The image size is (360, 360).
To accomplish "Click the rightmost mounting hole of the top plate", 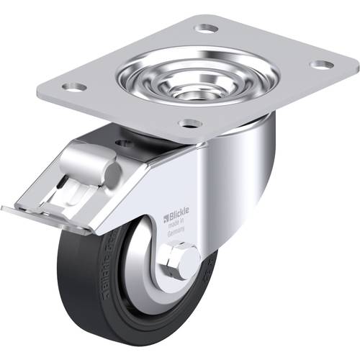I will [x=321, y=64].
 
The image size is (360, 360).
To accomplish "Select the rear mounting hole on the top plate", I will [x=207, y=28].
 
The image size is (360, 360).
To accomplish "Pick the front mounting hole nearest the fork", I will [x=189, y=123].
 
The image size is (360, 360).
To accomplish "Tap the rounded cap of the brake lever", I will [x=109, y=171].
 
